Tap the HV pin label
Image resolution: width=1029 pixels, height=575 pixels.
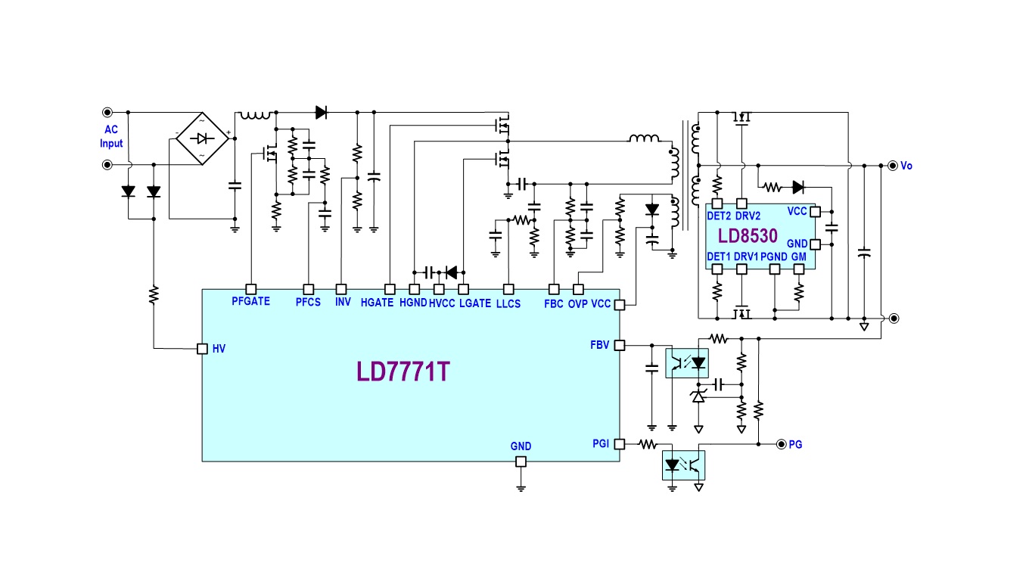coord(219,349)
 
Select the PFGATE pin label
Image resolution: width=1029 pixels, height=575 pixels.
coord(250,302)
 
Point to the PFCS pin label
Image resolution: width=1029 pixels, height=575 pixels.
coord(308,302)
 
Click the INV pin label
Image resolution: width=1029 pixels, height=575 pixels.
coord(342,302)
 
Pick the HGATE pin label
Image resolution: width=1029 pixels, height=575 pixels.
coord(377,303)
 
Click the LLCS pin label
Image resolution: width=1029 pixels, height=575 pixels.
coord(508,303)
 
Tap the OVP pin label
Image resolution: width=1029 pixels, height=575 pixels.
coord(577,303)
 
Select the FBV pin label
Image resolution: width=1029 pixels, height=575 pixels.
coord(600,345)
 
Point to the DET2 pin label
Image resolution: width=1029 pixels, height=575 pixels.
coord(718,216)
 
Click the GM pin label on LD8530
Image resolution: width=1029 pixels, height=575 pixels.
coord(799,257)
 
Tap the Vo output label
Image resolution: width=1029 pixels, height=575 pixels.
coord(906,166)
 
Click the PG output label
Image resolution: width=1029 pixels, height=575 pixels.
coord(795,444)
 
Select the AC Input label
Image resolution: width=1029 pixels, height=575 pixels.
coord(111,136)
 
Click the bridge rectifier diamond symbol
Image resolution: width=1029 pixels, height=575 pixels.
coord(201,138)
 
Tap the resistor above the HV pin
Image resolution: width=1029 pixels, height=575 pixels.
coord(154,294)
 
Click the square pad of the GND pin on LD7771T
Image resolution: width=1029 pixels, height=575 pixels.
coord(521,462)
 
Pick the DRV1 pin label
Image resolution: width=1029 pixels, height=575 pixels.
coord(746,257)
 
